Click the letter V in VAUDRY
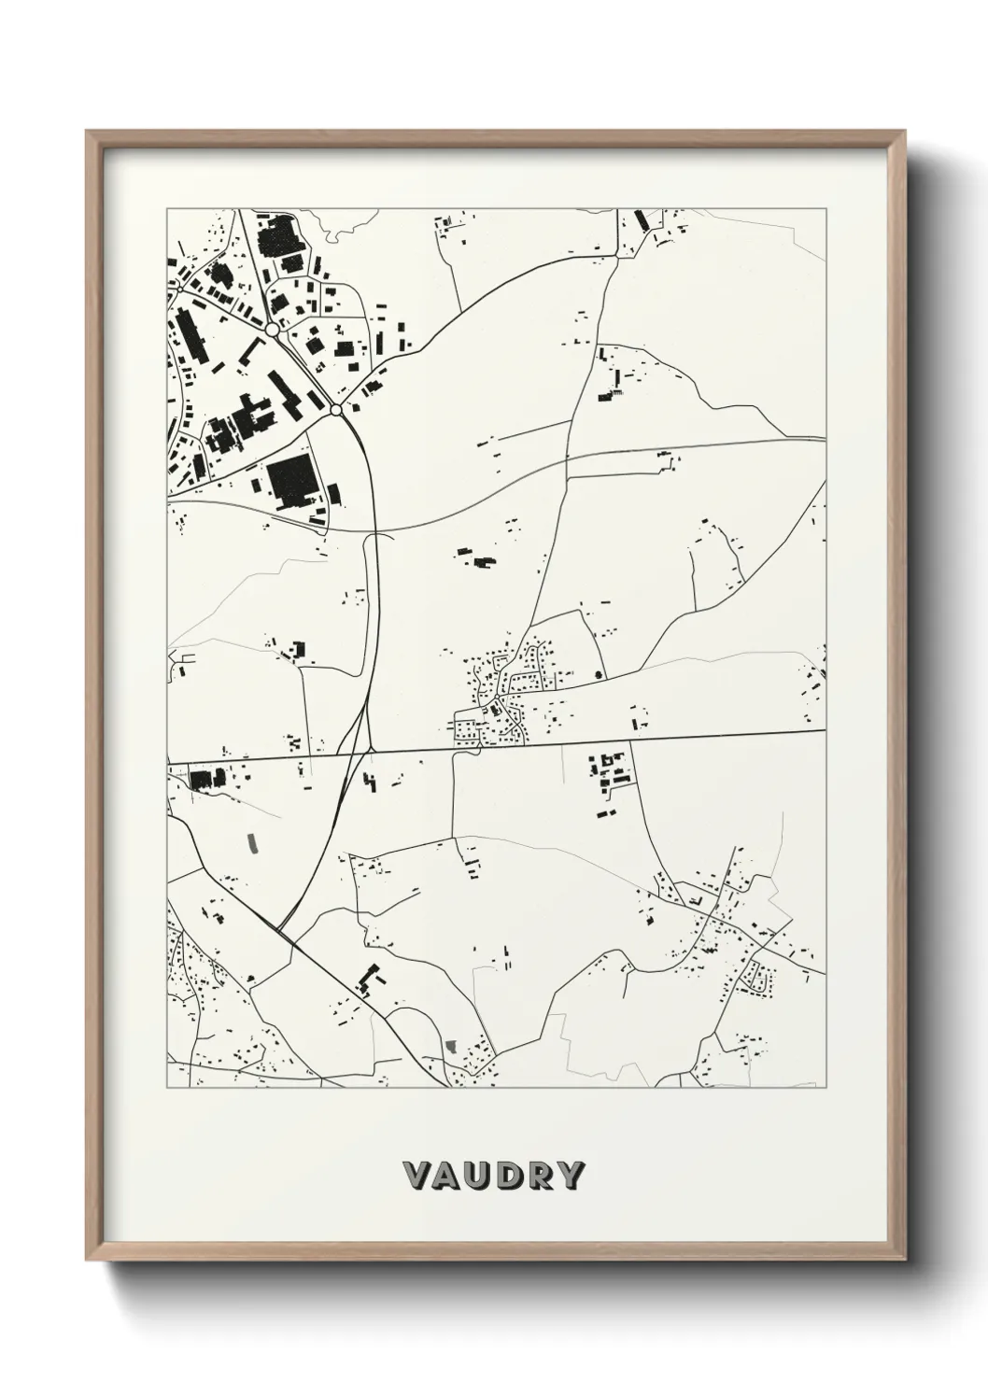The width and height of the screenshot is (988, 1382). [415, 1176]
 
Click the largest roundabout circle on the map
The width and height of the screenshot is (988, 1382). [272, 330]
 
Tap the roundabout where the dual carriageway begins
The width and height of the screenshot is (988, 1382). [335, 409]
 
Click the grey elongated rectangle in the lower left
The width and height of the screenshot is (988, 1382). [251, 842]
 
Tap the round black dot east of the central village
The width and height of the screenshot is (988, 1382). [599, 672]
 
